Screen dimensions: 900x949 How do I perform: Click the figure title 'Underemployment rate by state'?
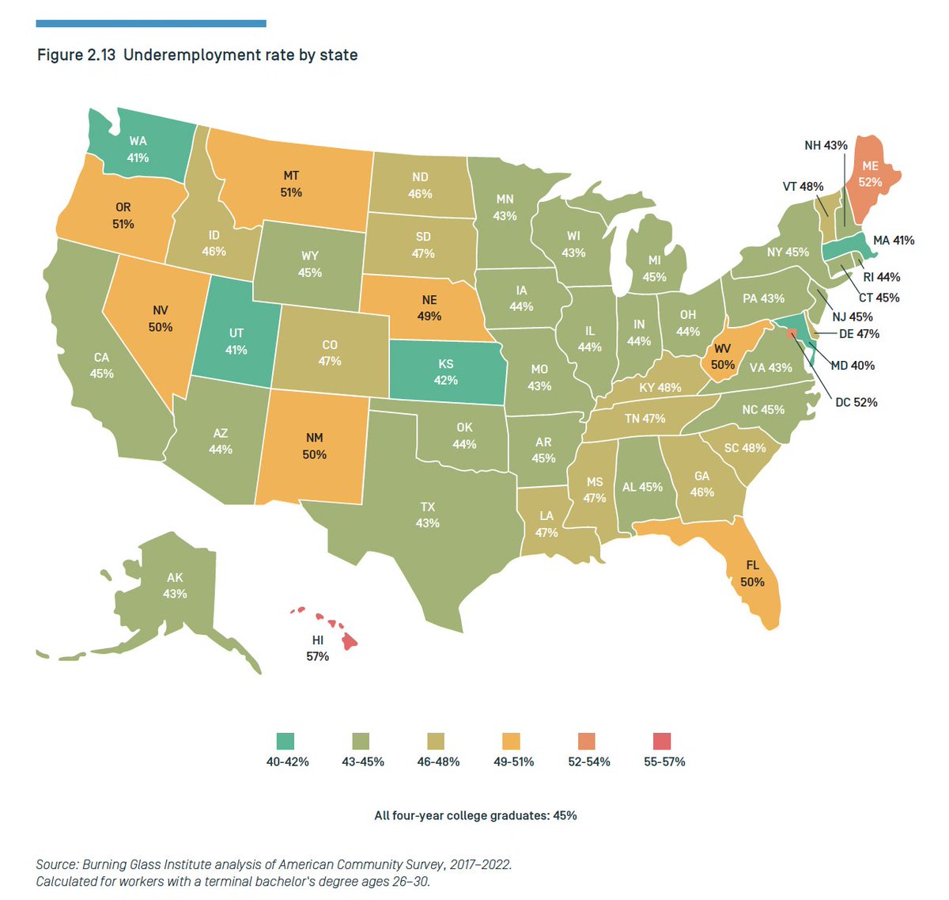coord(240,55)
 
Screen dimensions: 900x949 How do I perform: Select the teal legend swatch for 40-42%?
coord(285,741)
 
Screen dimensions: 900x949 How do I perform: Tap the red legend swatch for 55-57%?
coord(662,741)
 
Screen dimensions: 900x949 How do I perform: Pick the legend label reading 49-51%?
coord(513,761)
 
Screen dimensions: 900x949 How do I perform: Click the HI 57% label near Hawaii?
coord(317,648)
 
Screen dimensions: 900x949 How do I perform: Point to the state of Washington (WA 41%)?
coord(138,149)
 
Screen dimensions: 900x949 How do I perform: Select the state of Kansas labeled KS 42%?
coord(446,372)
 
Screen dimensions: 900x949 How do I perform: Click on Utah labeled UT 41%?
coord(236,341)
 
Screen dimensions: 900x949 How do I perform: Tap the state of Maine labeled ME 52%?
coord(870,174)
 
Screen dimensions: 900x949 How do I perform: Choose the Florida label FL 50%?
coord(752,574)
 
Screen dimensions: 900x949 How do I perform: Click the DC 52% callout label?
coord(856,402)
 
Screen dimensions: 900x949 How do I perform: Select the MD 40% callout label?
coord(853,366)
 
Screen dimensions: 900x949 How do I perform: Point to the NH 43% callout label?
coord(826,146)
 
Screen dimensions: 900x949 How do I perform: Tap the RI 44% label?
coord(882,277)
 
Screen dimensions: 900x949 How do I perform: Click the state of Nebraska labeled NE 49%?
coord(429,308)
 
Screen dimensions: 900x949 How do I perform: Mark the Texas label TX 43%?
coord(427,515)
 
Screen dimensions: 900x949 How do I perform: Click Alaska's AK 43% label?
coord(175,586)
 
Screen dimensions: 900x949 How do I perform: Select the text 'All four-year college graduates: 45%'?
coord(475,815)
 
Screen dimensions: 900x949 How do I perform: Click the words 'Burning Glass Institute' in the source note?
coord(146,864)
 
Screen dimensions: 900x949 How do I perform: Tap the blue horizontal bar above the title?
coord(151,24)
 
